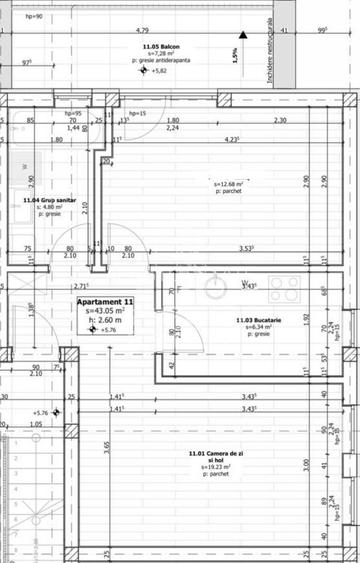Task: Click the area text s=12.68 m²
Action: pyautogui.click(x=231, y=184)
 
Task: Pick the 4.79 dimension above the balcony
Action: pyautogui.click(x=143, y=31)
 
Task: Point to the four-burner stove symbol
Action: pyautogui.click(x=284, y=289)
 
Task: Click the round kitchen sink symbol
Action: pyautogui.click(x=218, y=289)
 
